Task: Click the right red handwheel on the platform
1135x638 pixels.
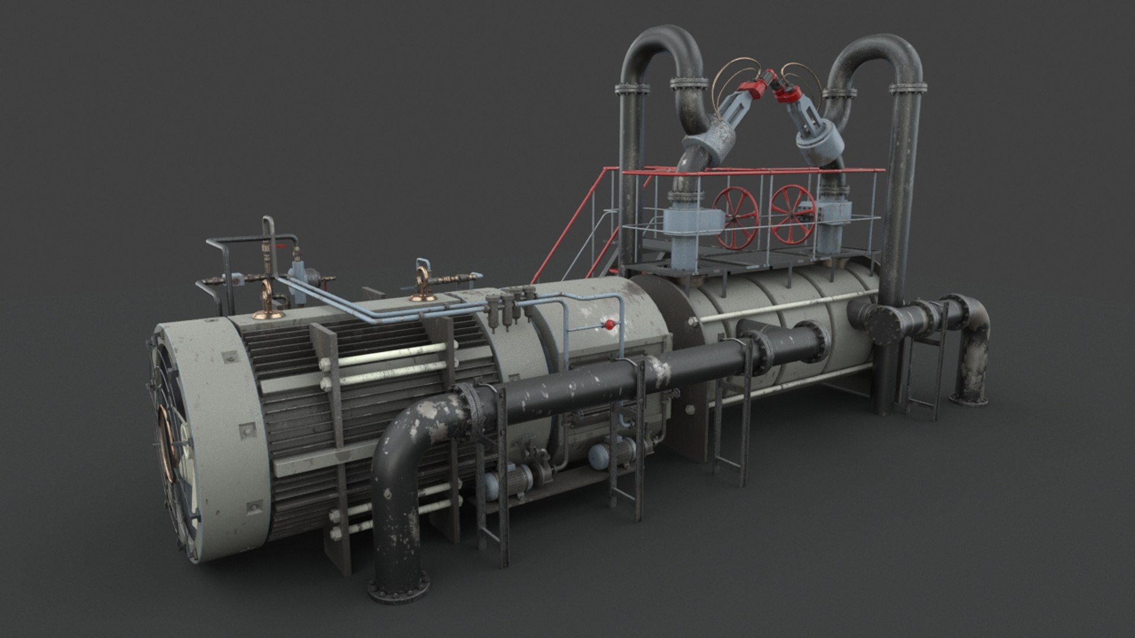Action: [793, 214]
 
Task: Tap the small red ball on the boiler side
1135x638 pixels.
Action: [609, 324]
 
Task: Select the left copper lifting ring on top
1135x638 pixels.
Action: [266, 299]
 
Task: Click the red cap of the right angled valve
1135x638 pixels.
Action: [788, 89]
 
